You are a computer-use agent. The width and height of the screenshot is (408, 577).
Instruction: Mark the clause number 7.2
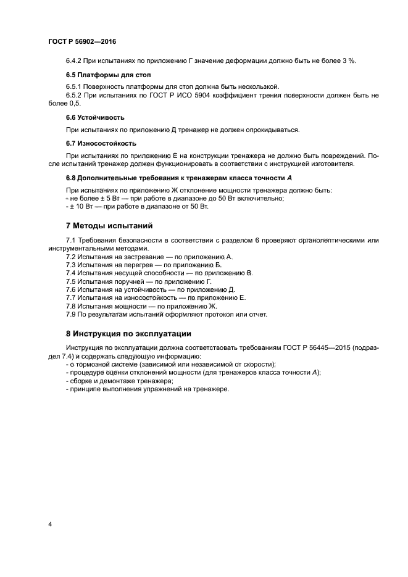71,256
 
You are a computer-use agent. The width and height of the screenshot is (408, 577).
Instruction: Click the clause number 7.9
71,314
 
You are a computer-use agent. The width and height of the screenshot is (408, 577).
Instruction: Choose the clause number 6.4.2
75,60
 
